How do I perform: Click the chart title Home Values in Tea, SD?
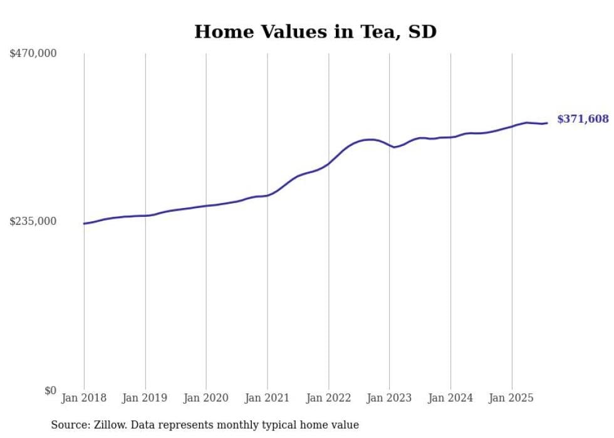[315, 32]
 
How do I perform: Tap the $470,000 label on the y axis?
[33, 54]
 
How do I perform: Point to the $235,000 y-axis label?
[33, 221]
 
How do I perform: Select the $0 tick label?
[50, 390]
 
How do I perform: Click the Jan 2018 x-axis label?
[84, 399]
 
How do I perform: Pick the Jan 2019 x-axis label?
[145, 399]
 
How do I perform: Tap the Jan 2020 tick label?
[206, 399]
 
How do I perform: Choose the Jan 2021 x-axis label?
[268, 399]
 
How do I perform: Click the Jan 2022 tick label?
[328, 399]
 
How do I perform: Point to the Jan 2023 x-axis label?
[390, 399]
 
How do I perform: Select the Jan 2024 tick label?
[450, 399]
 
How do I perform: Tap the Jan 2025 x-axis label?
[512, 399]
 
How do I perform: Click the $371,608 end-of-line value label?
[583, 119]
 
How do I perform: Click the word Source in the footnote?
[70, 425]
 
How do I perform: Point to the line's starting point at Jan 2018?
[84, 224]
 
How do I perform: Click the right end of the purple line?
[547, 123]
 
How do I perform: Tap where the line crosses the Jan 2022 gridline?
[328, 164]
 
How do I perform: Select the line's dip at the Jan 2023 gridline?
[392, 147]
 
